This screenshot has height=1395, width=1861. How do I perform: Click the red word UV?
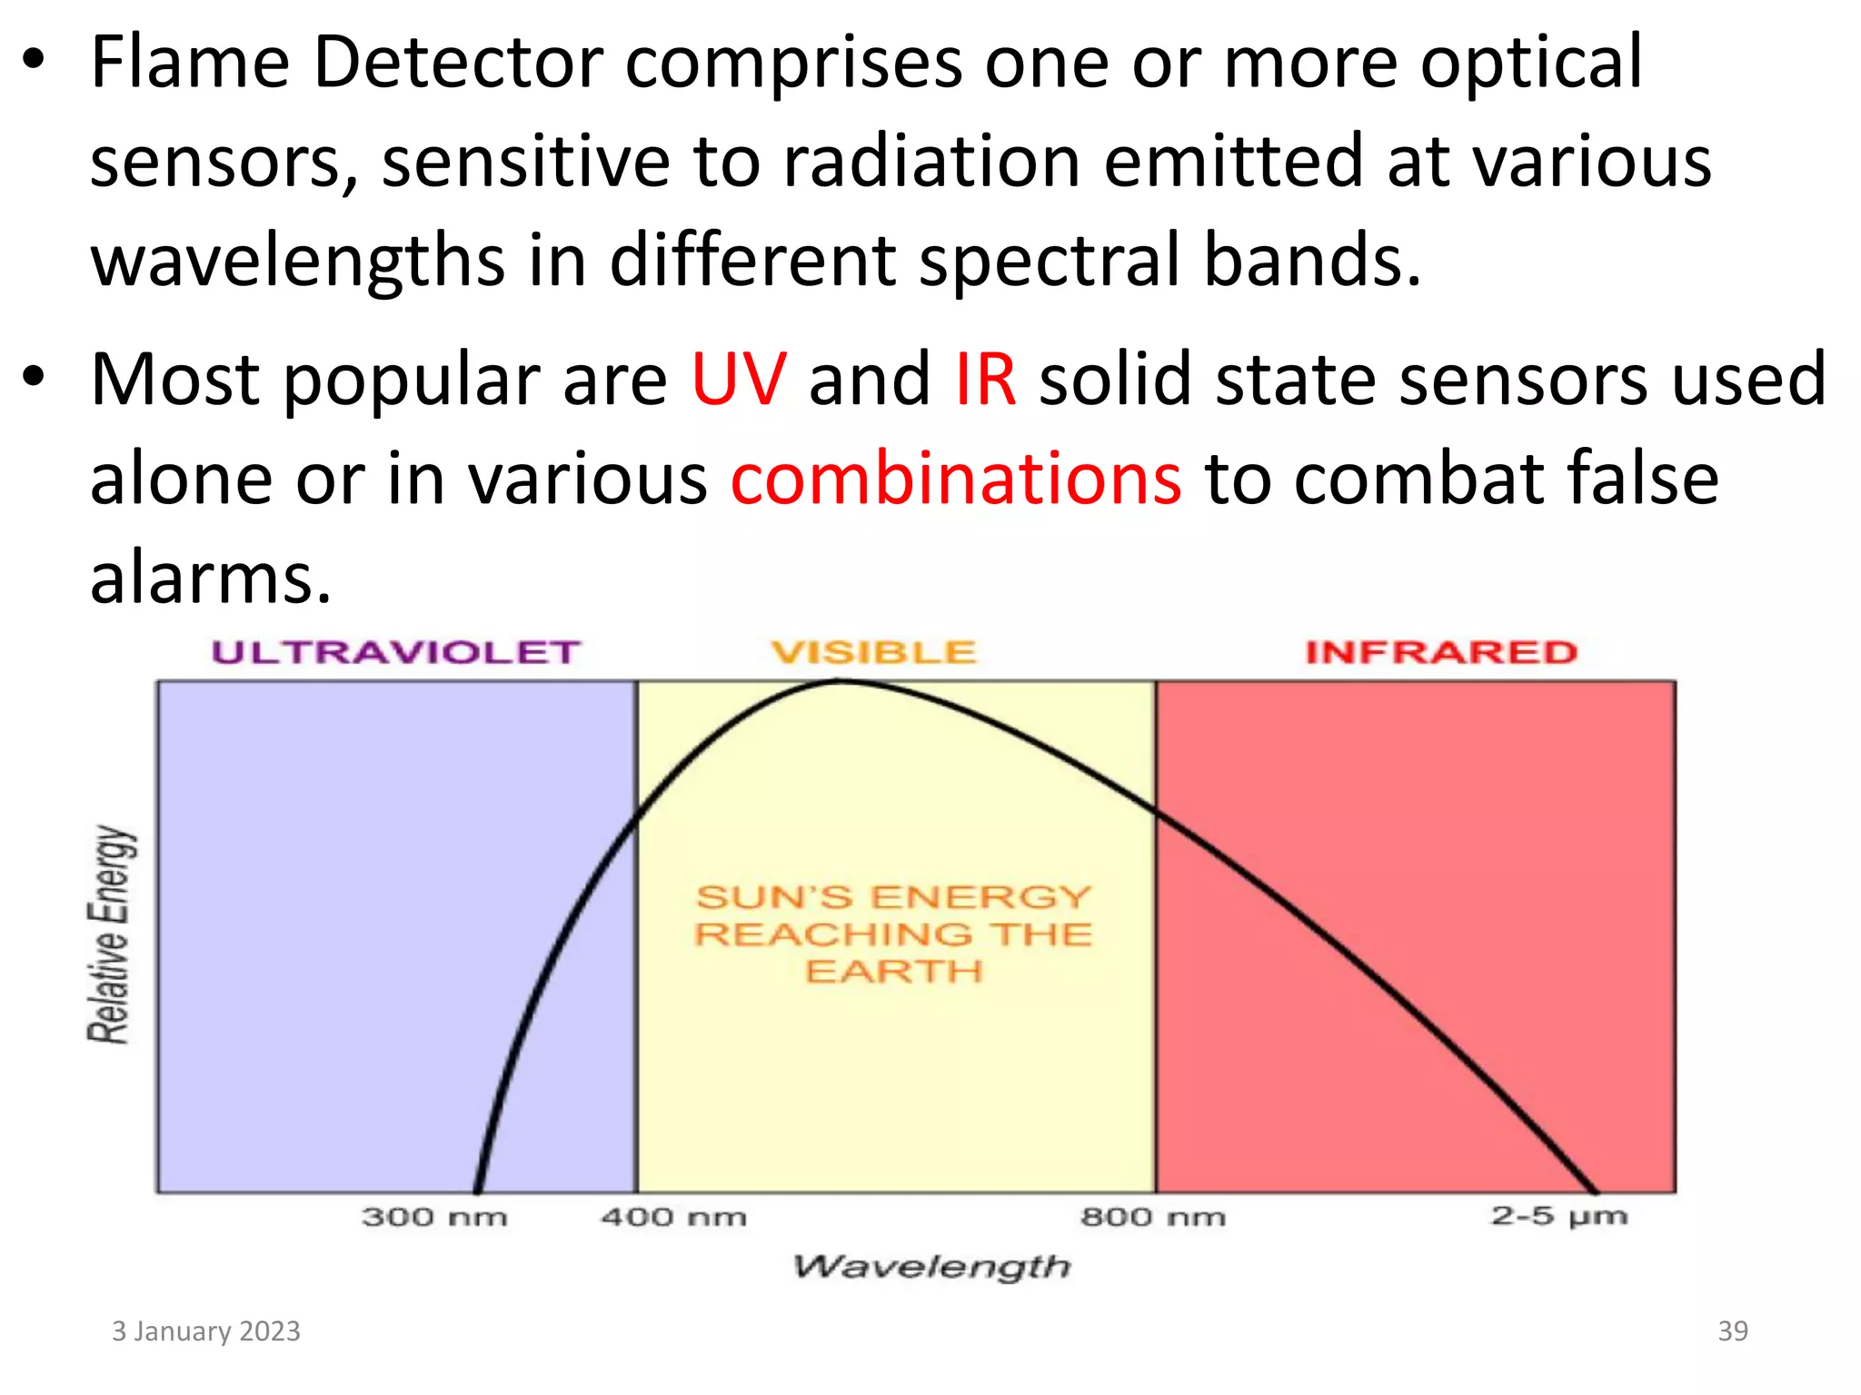[x=738, y=380]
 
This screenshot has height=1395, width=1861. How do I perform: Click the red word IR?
[x=985, y=380]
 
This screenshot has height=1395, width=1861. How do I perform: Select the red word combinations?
[x=956, y=479]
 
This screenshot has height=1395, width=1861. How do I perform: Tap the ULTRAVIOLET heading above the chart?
[x=395, y=652]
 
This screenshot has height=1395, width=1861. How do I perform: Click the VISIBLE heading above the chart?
[x=873, y=652]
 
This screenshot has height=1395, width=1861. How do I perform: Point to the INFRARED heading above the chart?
[x=1441, y=652]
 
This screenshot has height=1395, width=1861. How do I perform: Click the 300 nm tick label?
[x=434, y=1217]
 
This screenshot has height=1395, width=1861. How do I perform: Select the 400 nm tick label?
[x=673, y=1217]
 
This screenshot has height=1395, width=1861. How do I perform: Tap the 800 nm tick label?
[x=1152, y=1217]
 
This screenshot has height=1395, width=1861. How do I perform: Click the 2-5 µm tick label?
[x=1558, y=1216]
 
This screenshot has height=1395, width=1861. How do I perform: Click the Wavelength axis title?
[x=931, y=1266]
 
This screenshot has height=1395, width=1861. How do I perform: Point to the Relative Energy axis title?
[x=110, y=935]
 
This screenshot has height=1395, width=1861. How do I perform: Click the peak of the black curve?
[x=841, y=681]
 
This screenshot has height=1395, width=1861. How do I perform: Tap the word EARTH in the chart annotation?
[x=893, y=972]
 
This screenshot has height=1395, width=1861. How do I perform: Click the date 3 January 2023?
[x=206, y=1331]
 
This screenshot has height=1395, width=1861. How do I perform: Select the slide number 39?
[x=1732, y=1331]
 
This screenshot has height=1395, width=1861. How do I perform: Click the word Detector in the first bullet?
[x=458, y=64]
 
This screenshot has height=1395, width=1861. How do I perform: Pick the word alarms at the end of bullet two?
[x=211, y=578]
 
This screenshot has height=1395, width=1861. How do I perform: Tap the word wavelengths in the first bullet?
[x=297, y=262]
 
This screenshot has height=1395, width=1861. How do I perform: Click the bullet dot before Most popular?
[x=34, y=376]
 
